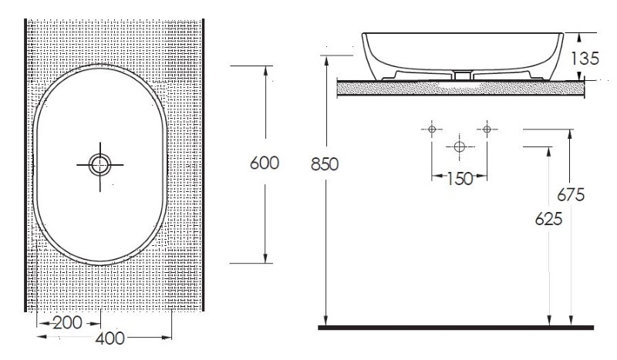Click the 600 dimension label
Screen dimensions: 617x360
click(x=265, y=163)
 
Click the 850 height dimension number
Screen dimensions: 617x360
click(x=325, y=164)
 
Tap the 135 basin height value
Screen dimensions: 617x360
click(x=585, y=59)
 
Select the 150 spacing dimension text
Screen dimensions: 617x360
click(x=460, y=179)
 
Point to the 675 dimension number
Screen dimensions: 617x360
click(x=571, y=195)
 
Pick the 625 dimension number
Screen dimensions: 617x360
click(x=548, y=219)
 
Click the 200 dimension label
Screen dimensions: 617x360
click(x=68, y=323)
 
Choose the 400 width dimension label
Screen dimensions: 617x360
click(x=110, y=338)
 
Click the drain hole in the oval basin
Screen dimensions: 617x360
click(x=100, y=165)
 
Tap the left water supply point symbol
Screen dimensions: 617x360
click(x=432, y=129)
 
